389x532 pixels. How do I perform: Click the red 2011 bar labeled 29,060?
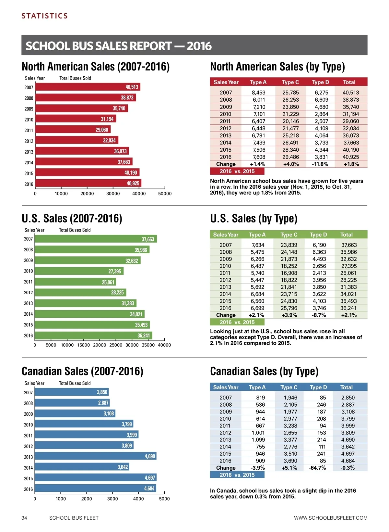pyautogui.click(x=73, y=130)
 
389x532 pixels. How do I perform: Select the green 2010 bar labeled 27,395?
pyautogui.click(x=79, y=271)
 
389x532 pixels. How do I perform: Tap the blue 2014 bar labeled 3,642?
pyautogui.click(x=82, y=467)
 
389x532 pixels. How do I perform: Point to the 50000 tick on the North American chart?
pyautogui.click(x=165, y=194)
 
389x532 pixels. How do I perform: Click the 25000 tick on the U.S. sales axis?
pyautogui.click(x=116, y=345)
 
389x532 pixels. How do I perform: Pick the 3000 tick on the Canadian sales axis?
pyautogui.click(x=112, y=499)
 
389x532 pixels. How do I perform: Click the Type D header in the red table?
pyautogui.click(x=320, y=82)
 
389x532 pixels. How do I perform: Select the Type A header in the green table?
pyautogui.click(x=257, y=234)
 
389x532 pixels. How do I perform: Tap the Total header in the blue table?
pyautogui.click(x=346, y=387)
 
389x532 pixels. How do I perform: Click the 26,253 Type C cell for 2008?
pyautogui.click(x=290, y=100)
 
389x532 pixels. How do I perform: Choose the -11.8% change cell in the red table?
pyautogui.click(x=320, y=164)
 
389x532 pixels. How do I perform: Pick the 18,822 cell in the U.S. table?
pyautogui.click(x=289, y=280)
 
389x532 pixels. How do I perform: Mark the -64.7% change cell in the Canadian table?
pyautogui.click(x=317, y=468)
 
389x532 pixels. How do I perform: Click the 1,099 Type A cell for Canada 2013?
pyautogui.click(x=258, y=439)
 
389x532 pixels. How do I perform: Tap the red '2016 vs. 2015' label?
pyautogui.click(x=237, y=171)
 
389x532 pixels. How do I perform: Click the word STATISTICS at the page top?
pyautogui.click(x=45, y=16)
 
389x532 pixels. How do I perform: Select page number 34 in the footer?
pyautogui.click(x=24, y=518)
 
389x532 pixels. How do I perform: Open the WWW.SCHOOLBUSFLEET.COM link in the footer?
pyautogui.click(x=331, y=518)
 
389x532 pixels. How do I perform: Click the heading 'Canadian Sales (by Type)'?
pyautogui.click(x=264, y=371)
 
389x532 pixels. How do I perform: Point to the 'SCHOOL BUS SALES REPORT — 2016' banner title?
pyautogui.click(x=119, y=46)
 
